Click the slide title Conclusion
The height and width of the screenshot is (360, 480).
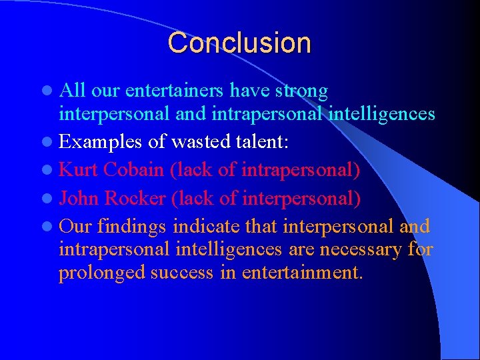239,43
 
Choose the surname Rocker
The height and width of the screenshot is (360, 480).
136,199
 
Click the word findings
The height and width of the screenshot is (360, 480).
132,227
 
